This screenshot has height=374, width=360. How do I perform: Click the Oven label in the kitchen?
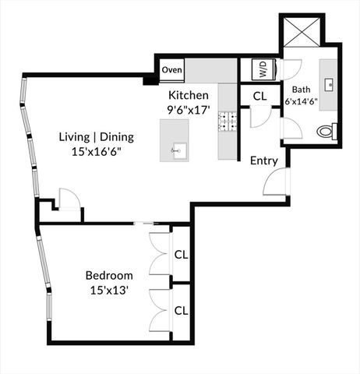(x=172, y=70)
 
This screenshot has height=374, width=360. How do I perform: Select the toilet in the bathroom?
(x=327, y=132)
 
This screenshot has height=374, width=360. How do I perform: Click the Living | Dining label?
(x=97, y=137)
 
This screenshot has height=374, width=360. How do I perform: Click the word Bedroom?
(x=109, y=275)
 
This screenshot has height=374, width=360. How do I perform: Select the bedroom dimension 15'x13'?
(x=109, y=290)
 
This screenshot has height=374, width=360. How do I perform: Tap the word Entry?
(x=263, y=161)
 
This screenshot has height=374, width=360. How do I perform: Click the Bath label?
(x=301, y=88)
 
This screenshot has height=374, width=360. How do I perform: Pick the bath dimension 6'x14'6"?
(x=301, y=101)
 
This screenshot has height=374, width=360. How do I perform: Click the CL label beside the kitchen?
(x=261, y=97)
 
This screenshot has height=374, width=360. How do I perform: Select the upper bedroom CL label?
(x=181, y=253)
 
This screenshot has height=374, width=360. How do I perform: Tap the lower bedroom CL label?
(x=181, y=309)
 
